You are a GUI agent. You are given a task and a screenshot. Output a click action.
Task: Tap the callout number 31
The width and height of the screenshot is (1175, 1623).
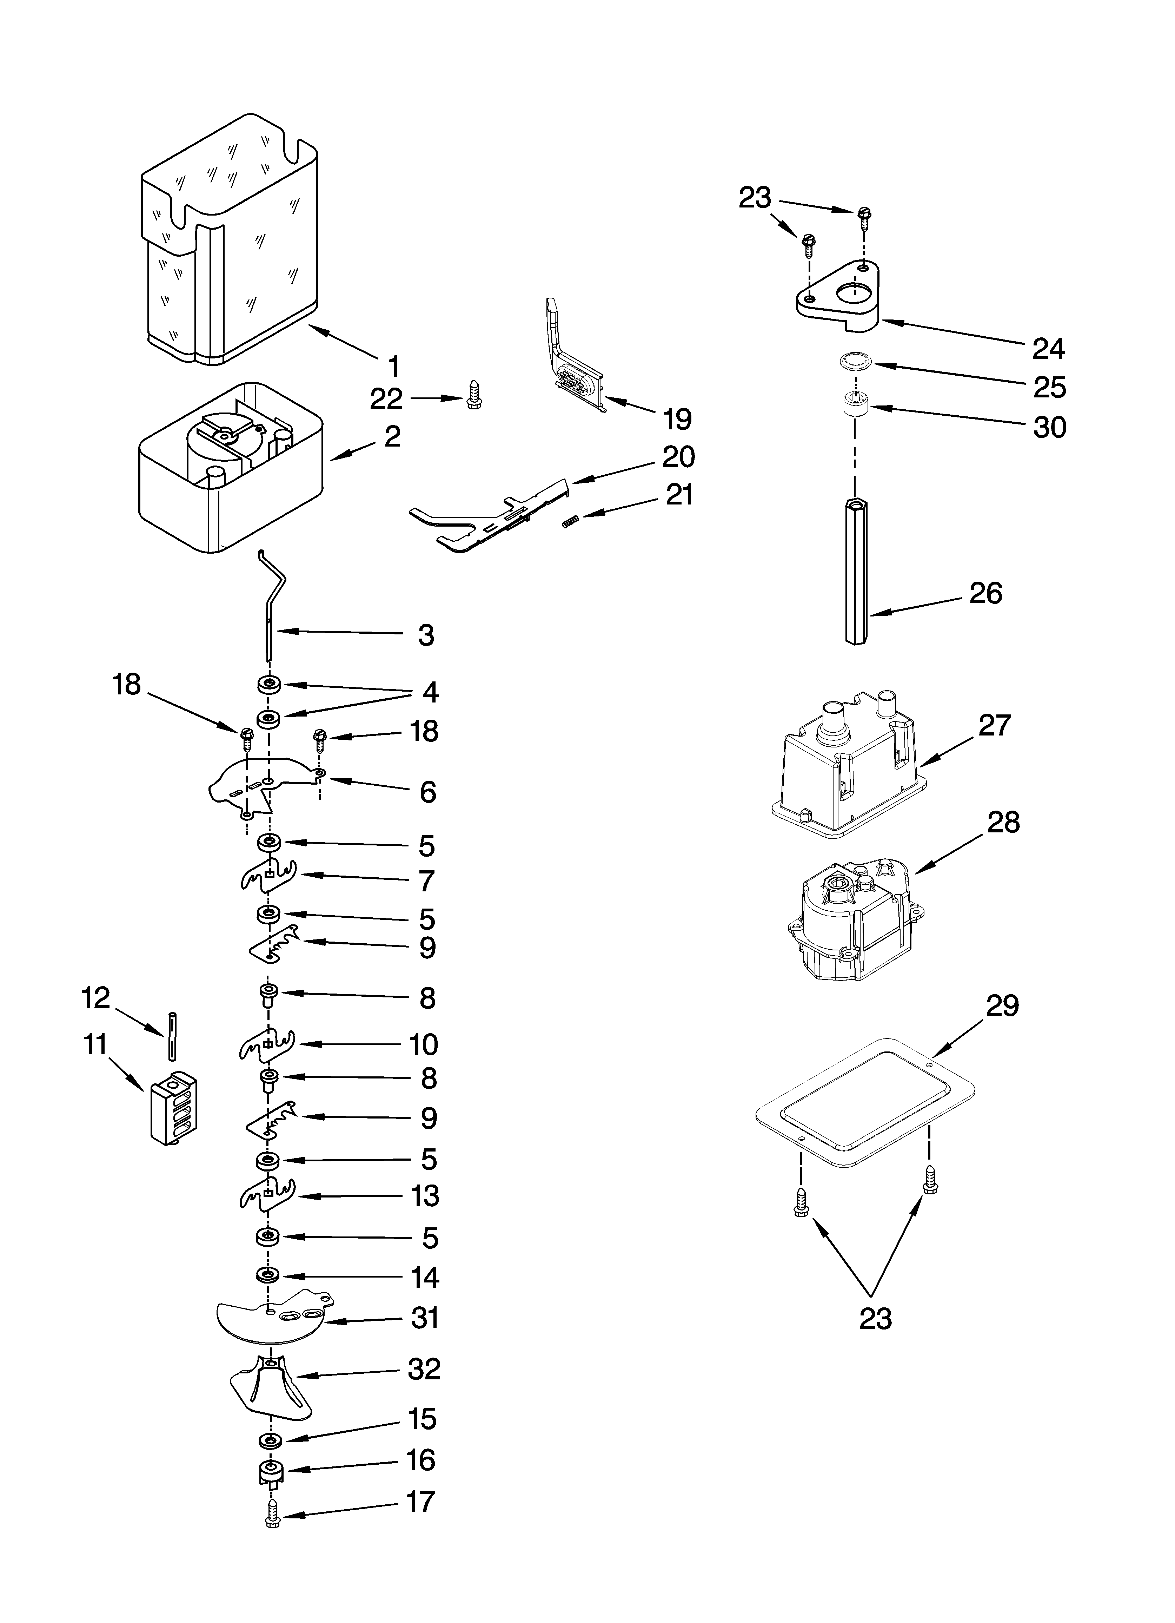[x=425, y=1318]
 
